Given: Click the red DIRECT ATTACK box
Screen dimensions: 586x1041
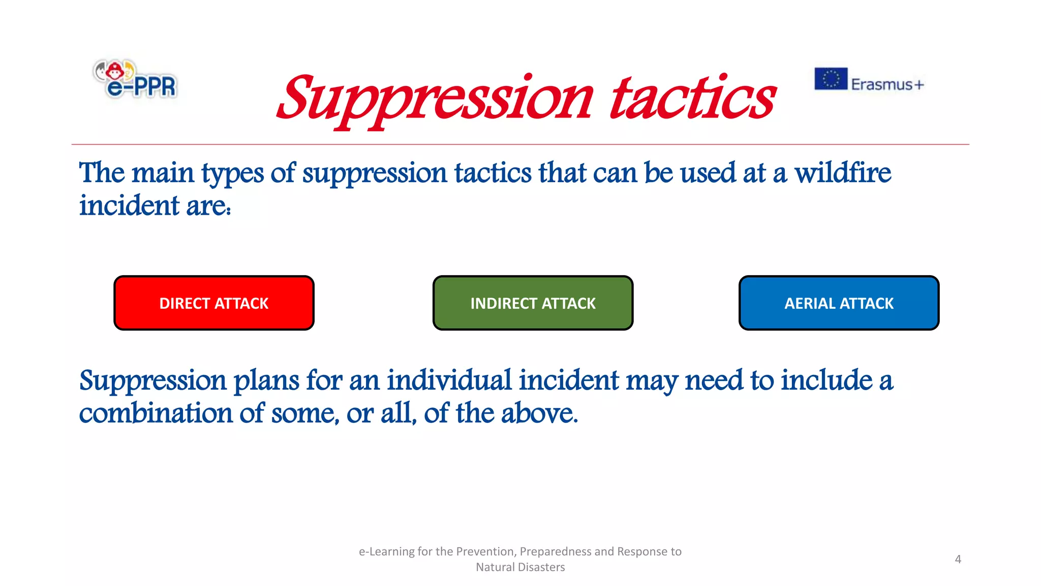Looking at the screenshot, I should click(x=213, y=303).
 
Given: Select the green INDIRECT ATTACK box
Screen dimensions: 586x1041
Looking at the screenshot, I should click(x=533, y=303).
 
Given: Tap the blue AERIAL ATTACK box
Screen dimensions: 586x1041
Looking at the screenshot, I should click(x=839, y=303).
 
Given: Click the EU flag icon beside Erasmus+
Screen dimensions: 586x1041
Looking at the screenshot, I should click(x=831, y=79).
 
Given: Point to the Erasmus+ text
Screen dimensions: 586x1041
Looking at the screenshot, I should click(x=887, y=84).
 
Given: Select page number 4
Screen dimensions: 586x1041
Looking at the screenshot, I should click(x=958, y=559).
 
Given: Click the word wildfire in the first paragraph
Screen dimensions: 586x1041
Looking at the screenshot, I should click(x=842, y=173).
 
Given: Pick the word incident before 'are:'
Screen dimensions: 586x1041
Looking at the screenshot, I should click(x=129, y=206).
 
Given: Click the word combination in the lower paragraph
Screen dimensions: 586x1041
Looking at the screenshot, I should click(x=156, y=413).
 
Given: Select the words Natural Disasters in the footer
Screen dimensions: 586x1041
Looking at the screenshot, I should click(x=520, y=567).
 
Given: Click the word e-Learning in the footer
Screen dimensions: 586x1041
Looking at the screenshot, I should click(x=386, y=551).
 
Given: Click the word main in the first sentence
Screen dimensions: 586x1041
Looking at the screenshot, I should click(x=163, y=173).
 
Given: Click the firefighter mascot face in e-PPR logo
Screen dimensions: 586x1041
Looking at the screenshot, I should click(x=115, y=70).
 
